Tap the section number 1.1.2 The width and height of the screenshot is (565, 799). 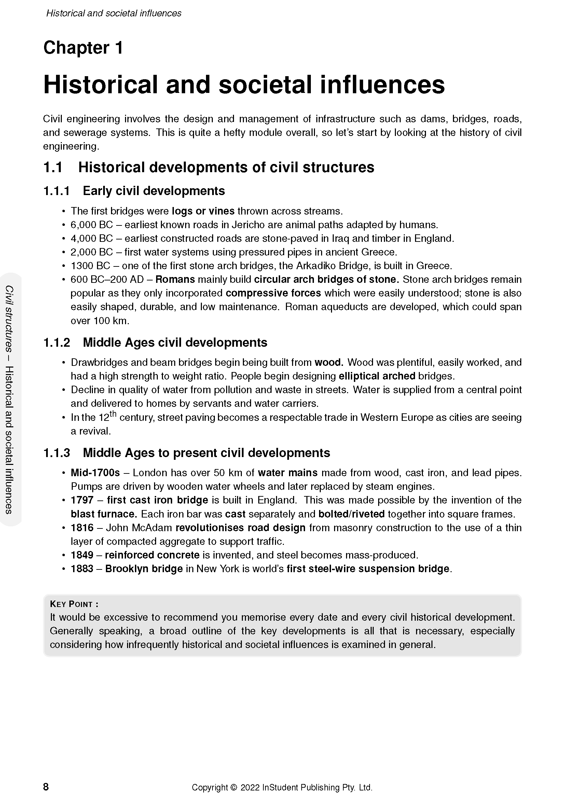pos(56,342)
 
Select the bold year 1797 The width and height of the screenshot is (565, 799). pos(82,500)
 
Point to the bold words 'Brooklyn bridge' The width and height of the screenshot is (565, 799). pos(144,569)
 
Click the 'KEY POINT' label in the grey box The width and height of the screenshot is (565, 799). pos(72,604)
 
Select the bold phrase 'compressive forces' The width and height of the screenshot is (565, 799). pos(273,293)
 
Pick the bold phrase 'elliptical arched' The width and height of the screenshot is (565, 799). pos(377,376)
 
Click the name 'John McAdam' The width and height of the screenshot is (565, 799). pos(139,527)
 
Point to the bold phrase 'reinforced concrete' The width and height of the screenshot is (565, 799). pos(152,555)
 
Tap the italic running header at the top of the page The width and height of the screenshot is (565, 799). pos(114,13)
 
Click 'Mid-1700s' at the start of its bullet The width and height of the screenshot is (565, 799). pos(95,472)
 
